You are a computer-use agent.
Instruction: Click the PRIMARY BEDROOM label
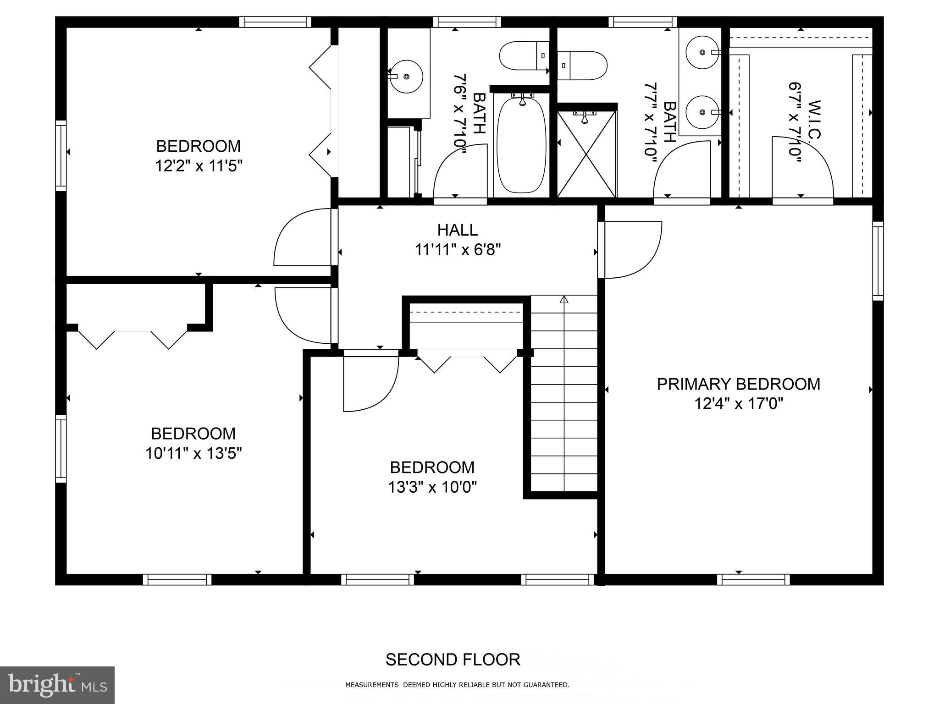[x=738, y=384]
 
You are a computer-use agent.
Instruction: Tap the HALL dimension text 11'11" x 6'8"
[x=458, y=250]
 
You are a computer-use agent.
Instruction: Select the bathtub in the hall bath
[x=522, y=144]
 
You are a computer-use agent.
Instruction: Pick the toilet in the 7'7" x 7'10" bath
[x=582, y=65]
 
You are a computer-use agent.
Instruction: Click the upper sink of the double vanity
[x=702, y=52]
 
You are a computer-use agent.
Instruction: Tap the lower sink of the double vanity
[x=702, y=112]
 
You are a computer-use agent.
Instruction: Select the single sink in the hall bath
[x=406, y=77]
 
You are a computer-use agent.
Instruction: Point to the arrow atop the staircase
[x=564, y=300]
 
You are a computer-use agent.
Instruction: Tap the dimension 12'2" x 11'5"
[x=198, y=165]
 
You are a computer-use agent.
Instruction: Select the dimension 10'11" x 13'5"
[x=193, y=453]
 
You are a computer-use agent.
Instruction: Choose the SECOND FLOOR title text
[x=453, y=660]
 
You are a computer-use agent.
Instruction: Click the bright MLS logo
[x=57, y=685]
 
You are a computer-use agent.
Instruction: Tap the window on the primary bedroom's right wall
[x=878, y=261]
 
